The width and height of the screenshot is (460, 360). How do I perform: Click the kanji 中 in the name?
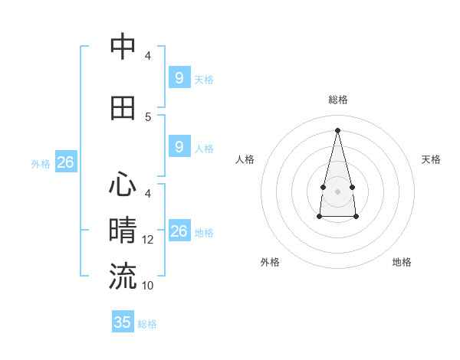(123, 47)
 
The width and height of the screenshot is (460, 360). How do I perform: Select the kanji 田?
(123, 108)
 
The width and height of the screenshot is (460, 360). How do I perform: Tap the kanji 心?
(123, 185)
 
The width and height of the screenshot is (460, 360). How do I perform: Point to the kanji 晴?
(123, 230)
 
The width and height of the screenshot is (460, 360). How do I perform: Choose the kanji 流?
(123, 276)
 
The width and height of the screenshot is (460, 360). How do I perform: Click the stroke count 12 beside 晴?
(149, 240)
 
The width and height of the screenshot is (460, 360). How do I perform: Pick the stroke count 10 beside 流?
(149, 286)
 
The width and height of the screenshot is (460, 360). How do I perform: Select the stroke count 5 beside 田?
(148, 116)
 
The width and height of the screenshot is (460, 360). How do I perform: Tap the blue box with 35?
(123, 322)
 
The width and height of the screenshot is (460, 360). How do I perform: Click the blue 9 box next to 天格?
(179, 77)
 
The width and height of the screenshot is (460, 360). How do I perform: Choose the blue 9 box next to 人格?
(179, 146)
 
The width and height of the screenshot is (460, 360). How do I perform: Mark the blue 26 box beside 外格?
(65, 162)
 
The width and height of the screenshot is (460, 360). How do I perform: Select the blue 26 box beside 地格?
(179, 231)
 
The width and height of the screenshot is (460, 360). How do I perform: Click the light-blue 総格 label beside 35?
(147, 324)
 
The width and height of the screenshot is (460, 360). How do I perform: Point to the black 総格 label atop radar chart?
(337, 100)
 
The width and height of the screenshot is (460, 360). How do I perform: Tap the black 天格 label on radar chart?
(431, 159)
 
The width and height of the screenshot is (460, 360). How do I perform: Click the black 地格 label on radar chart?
(402, 262)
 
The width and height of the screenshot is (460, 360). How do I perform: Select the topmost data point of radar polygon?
(337, 129)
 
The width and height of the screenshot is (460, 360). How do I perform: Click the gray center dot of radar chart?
(337, 191)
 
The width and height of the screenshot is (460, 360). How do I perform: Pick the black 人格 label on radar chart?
(245, 159)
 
